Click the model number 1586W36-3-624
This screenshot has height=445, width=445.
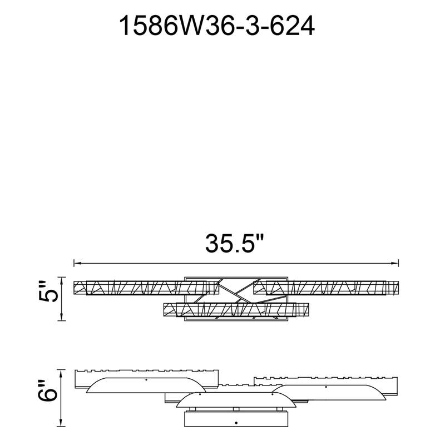216,26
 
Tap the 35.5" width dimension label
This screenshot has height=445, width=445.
235,244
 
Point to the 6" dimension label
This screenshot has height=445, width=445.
48,390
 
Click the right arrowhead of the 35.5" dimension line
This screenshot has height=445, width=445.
395,263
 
